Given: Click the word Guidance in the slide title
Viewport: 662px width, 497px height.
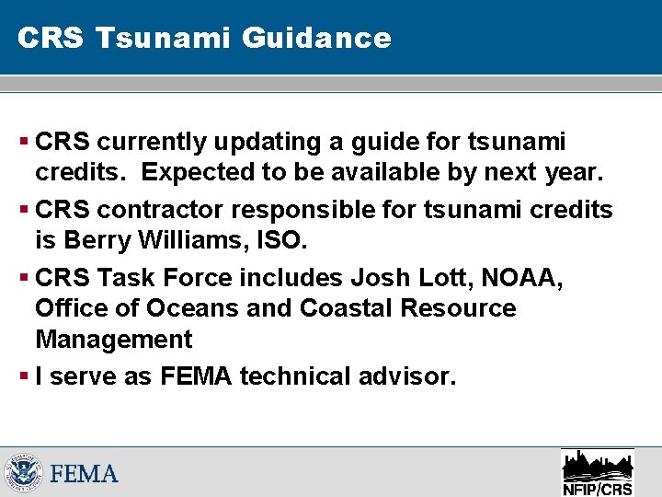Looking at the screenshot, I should point(317,38).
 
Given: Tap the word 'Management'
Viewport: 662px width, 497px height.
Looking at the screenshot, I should point(114,341).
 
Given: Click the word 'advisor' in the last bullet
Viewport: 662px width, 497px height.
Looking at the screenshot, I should point(403,376).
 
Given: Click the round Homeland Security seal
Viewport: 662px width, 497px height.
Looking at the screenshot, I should point(22,474).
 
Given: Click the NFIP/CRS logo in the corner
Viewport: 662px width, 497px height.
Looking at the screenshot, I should point(597,471).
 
